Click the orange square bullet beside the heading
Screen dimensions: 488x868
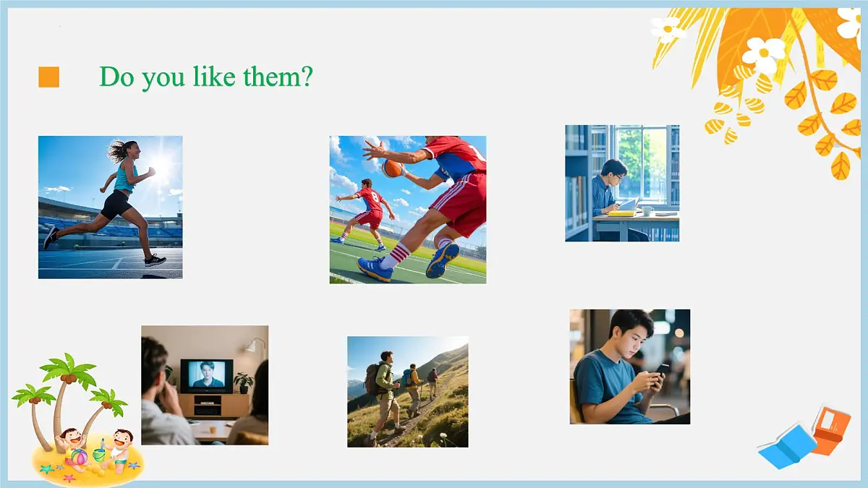pyautogui.click(x=48, y=77)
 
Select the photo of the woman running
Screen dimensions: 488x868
pyautogui.click(x=110, y=207)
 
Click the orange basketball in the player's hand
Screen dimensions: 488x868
pyautogui.click(x=392, y=168)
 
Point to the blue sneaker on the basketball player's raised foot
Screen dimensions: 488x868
pyautogui.click(x=442, y=260)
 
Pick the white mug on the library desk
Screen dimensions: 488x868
pyautogui.click(x=647, y=210)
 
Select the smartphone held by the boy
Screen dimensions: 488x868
pyautogui.click(x=661, y=370)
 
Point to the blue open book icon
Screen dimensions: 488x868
pyautogui.click(x=786, y=445)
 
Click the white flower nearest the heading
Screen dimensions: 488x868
pyautogui.click(x=668, y=29)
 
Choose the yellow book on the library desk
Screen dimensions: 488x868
pyautogui.click(x=621, y=213)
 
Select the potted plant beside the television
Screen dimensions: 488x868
pyautogui.click(x=243, y=382)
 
